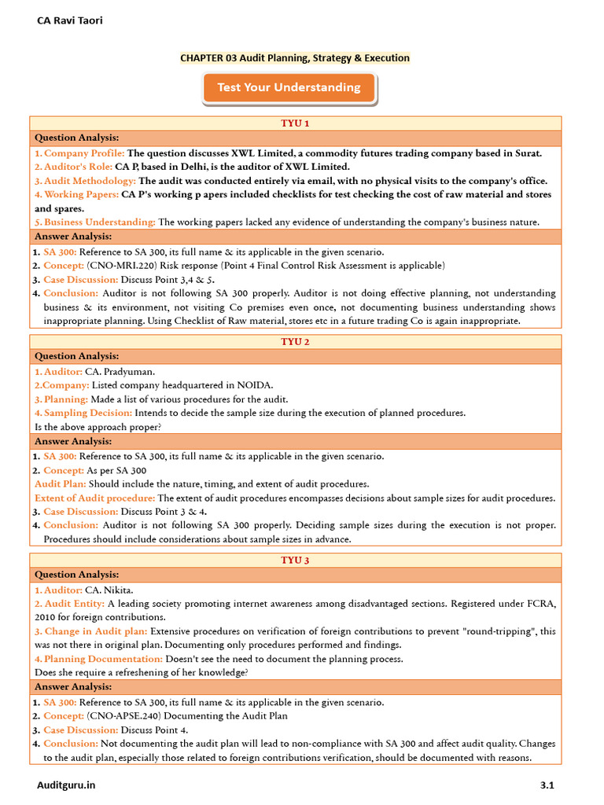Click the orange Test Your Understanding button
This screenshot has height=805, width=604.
pyautogui.click(x=289, y=87)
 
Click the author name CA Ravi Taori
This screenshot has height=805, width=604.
pyautogui.click(x=70, y=20)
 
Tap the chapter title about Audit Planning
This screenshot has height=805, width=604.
pyautogui.click(x=295, y=57)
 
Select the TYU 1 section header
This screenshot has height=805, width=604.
pyautogui.click(x=295, y=123)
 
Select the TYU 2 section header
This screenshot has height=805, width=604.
pyautogui.click(x=295, y=342)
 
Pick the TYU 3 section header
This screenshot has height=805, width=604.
pyautogui.click(x=295, y=561)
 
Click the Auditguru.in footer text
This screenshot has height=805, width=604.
pyautogui.click(x=67, y=785)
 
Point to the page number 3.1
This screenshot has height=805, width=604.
pyautogui.click(x=547, y=785)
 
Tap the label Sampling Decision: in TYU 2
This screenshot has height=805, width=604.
pyautogui.click(x=88, y=413)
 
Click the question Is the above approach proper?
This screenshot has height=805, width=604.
pyautogui.click(x=98, y=427)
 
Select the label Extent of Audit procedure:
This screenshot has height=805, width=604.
pyautogui.click(x=94, y=498)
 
